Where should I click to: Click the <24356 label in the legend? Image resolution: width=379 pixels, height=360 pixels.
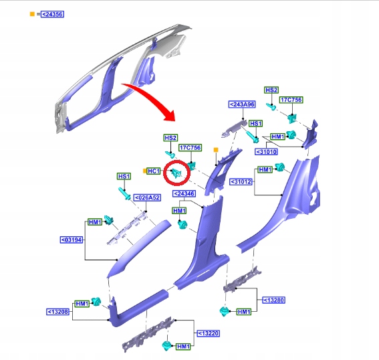(x=52, y=14)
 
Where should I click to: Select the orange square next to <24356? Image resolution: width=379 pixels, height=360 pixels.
(x=32, y=14)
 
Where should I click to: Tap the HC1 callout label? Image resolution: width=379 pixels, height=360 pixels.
(x=154, y=171)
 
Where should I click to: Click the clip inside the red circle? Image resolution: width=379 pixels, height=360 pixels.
(x=176, y=173)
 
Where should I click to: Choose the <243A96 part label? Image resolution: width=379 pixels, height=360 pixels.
(x=242, y=104)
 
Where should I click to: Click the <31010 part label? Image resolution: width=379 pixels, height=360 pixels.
(x=266, y=152)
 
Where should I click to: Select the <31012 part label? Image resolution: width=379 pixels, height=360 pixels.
(x=241, y=181)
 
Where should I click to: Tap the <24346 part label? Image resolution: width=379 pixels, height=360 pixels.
(x=184, y=193)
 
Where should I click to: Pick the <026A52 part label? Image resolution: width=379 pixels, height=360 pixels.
(x=147, y=197)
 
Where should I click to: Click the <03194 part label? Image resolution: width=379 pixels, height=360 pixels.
(x=72, y=240)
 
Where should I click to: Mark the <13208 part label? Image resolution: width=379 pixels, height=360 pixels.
(x=58, y=312)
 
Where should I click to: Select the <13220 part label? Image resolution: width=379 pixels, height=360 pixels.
(x=209, y=333)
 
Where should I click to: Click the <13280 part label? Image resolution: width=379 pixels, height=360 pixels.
(x=274, y=300)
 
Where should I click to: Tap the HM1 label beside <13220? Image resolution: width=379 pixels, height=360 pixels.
(x=183, y=347)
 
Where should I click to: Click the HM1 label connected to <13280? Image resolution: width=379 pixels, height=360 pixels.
(x=244, y=312)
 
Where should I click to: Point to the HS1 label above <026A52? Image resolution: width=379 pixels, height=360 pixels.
(x=124, y=176)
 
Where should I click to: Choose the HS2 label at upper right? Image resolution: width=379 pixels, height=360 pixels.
(x=271, y=90)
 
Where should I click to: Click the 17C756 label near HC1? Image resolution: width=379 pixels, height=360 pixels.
(x=190, y=148)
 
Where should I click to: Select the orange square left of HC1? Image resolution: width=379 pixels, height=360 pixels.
(x=144, y=171)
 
